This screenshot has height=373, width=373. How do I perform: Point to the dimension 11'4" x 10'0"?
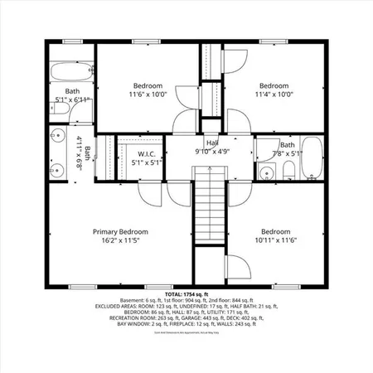pyautogui.click(x=274, y=95)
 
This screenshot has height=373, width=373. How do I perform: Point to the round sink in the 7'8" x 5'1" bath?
pyautogui.click(x=266, y=172)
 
